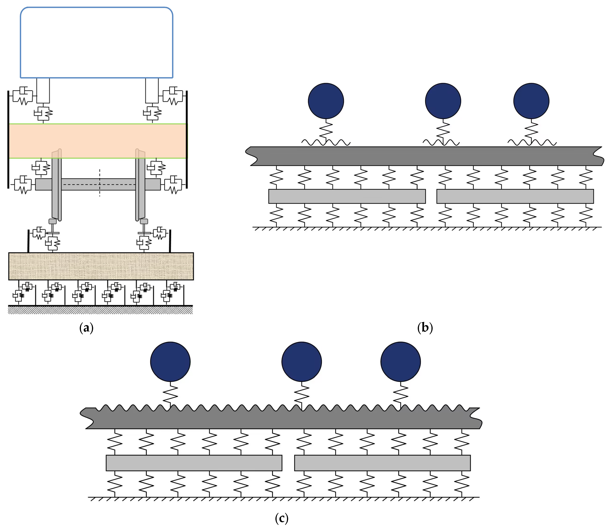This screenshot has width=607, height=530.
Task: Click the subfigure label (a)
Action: (86, 328)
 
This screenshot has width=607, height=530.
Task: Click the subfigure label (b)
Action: (425, 328)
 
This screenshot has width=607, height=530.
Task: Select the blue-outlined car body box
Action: (96, 43)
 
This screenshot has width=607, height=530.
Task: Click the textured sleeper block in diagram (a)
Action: (101, 266)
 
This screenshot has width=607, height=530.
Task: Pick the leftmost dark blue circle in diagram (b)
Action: (326, 101)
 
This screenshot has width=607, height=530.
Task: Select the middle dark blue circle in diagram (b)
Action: (443, 101)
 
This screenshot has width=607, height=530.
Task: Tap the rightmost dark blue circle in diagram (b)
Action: (531, 101)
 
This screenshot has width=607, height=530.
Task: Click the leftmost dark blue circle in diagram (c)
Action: (170, 362)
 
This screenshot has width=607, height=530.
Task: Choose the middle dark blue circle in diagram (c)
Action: (302, 362)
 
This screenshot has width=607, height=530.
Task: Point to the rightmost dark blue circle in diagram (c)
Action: (401, 362)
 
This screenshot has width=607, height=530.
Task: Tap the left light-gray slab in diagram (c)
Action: (194, 463)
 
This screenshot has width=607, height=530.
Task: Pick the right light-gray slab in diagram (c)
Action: (382, 463)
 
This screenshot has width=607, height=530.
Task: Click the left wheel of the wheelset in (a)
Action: (56, 189)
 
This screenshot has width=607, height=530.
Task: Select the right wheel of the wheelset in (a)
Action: (140, 189)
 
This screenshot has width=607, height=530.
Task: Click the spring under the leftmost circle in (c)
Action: (170, 395)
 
